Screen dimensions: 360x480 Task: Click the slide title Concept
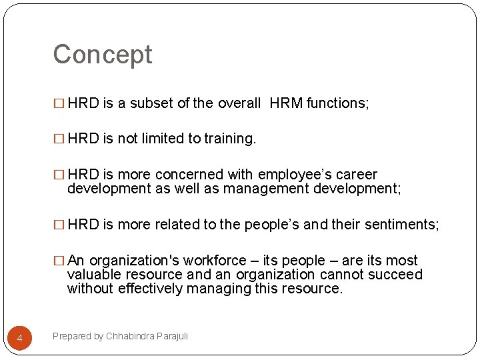[x=103, y=55]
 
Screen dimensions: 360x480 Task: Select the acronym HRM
[x=286, y=103]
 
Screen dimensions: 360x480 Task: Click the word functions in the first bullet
[x=337, y=103]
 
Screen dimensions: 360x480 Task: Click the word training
[x=229, y=139]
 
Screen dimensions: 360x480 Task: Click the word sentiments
[x=401, y=225]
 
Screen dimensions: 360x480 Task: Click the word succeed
[x=397, y=275]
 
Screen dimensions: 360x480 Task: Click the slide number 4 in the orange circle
[x=19, y=339]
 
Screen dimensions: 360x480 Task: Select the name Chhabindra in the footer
[x=131, y=336]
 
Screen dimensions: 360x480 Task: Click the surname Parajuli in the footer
[x=173, y=336]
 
